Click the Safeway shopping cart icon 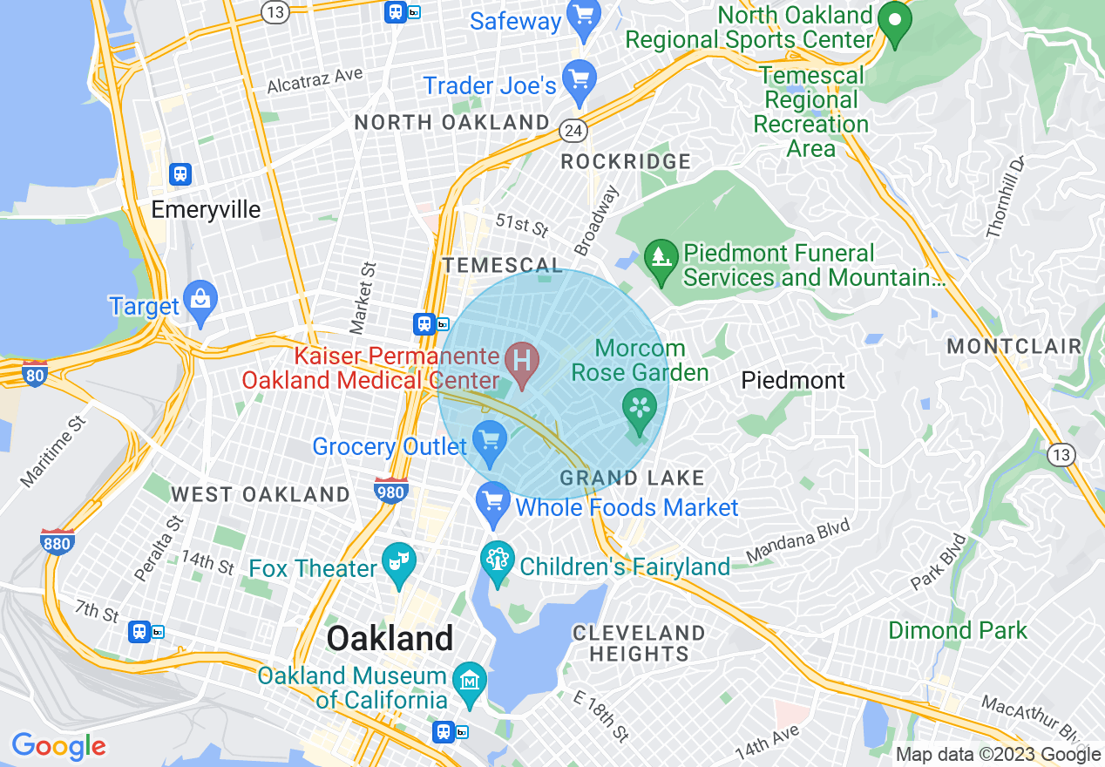tap(580, 16)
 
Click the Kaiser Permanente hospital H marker tap(523, 361)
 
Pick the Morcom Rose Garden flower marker tap(640, 408)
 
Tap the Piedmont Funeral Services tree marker tap(661, 258)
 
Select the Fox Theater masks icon tap(398, 559)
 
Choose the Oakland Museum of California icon tap(471, 678)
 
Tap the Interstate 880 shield tap(58, 541)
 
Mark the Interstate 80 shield tap(35, 373)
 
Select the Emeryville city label tap(206, 210)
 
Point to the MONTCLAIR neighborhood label tap(1014, 346)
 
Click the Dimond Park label tap(958, 630)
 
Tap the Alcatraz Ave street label tap(315, 80)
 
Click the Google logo tap(58, 746)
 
